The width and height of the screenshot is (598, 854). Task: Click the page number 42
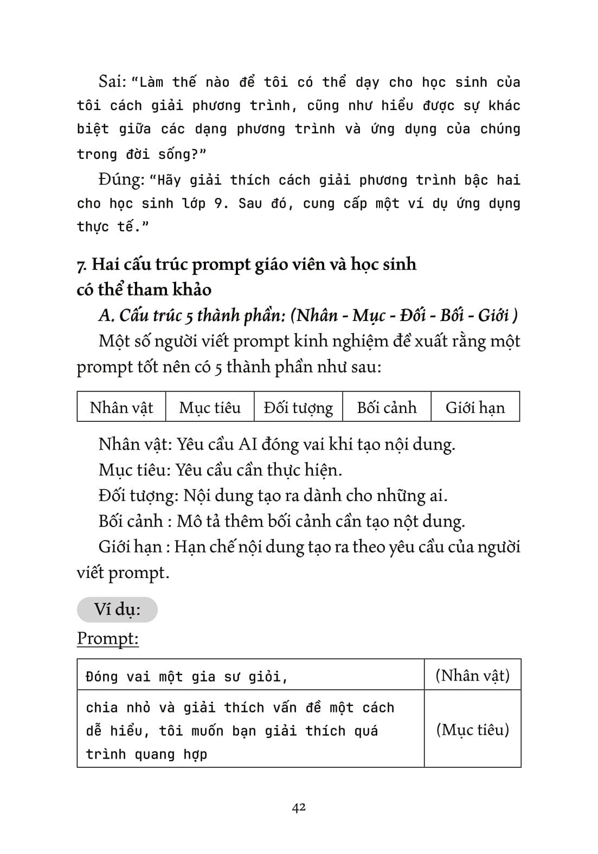[299, 807]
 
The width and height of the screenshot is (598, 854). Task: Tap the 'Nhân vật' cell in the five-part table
[121, 407]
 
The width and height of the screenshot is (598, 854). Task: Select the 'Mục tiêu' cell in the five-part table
[210, 407]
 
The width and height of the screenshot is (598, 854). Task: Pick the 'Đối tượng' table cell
[298, 407]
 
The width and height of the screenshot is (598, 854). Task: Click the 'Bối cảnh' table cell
[387, 407]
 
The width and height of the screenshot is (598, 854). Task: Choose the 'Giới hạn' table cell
[475, 407]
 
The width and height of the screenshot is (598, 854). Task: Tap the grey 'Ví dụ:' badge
[117, 609]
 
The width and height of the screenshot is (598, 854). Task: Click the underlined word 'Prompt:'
[108, 638]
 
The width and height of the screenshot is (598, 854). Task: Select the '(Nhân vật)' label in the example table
[472, 676]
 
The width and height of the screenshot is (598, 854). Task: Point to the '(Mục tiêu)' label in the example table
[472, 730]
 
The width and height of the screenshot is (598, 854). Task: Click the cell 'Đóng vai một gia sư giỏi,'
[187, 677]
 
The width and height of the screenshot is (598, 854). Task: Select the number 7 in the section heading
[81, 265]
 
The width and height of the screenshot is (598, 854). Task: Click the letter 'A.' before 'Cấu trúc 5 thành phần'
[106, 316]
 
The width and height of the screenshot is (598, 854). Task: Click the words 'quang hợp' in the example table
[166, 754]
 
